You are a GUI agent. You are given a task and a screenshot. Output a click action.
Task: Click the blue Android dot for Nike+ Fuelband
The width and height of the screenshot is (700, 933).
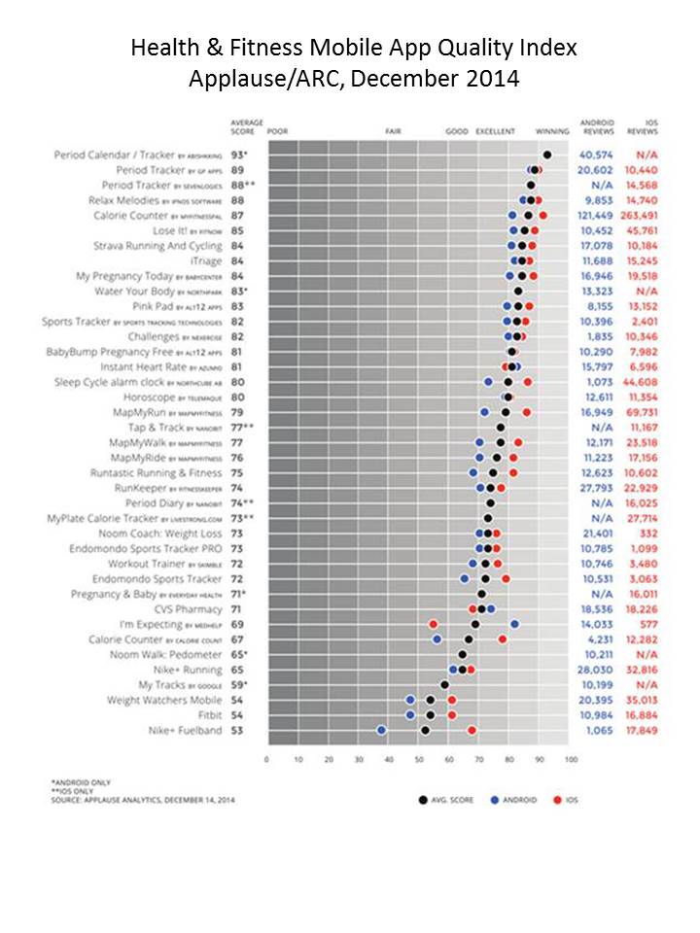click(x=381, y=730)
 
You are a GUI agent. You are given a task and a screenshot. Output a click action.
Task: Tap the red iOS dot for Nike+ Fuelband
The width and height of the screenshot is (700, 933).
click(x=472, y=730)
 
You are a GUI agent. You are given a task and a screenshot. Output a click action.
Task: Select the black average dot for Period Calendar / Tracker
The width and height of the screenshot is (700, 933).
click(x=547, y=155)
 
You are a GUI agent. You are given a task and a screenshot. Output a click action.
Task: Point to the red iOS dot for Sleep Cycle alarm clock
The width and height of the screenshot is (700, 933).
click(x=527, y=382)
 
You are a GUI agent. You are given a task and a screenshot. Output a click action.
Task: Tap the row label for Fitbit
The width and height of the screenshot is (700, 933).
click(x=209, y=714)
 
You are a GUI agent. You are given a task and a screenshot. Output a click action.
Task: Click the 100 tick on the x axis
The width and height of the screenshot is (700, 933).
click(x=570, y=759)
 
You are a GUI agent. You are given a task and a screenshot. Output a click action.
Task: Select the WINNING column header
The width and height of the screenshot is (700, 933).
click(x=552, y=130)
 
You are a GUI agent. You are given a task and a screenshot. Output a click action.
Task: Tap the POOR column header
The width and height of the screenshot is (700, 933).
click(x=277, y=130)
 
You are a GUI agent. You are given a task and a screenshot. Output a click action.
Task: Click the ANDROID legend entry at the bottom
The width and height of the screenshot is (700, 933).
click(x=524, y=800)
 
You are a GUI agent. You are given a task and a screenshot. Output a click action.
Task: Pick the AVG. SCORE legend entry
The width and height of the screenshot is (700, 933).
click(x=449, y=800)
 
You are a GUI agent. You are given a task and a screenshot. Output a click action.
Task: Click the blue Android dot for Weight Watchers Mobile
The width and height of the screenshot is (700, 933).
click(x=410, y=700)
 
